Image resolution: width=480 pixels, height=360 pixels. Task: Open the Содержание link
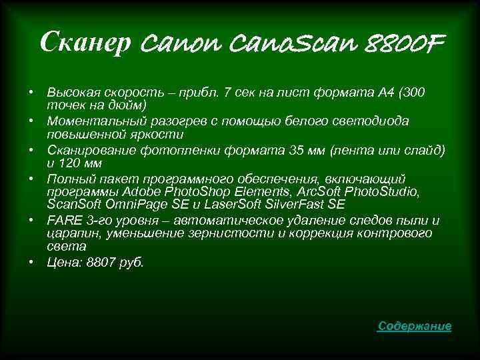(414, 326)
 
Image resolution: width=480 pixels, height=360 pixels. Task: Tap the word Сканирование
(86, 149)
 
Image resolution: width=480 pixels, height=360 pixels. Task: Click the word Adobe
(141, 192)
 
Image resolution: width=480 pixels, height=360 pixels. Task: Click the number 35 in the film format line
(295, 149)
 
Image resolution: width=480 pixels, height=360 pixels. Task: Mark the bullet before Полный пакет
(31, 178)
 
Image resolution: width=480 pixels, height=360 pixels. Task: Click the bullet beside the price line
(31, 262)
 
